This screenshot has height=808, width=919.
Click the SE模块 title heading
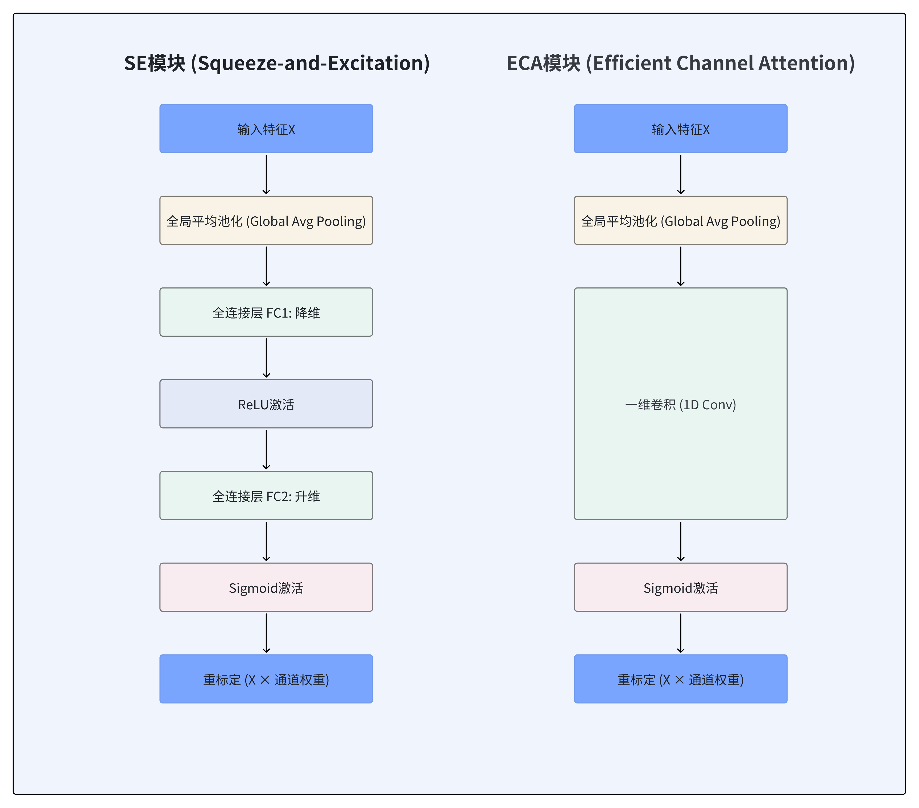coord(276,63)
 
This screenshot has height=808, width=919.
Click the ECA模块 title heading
coord(680,63)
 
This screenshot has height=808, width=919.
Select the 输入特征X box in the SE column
coord(266,129)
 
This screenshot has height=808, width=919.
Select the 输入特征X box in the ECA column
coord(680,129)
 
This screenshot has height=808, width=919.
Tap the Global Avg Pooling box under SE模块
coord(266,221)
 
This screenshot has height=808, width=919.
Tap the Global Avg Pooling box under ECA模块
coord(680,221)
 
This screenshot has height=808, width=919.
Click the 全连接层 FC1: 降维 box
coord(266,312)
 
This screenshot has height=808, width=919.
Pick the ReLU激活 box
coord(266,404)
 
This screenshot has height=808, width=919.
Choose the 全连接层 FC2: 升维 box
coord(266,496)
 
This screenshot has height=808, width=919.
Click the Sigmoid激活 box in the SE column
coord(266,588)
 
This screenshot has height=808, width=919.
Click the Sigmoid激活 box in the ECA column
coord(680,588)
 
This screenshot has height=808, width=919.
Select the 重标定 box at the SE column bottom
coord(266,679)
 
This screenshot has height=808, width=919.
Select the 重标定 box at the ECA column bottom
coord(680,679)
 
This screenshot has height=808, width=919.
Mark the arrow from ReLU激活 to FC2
coord(266,450)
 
